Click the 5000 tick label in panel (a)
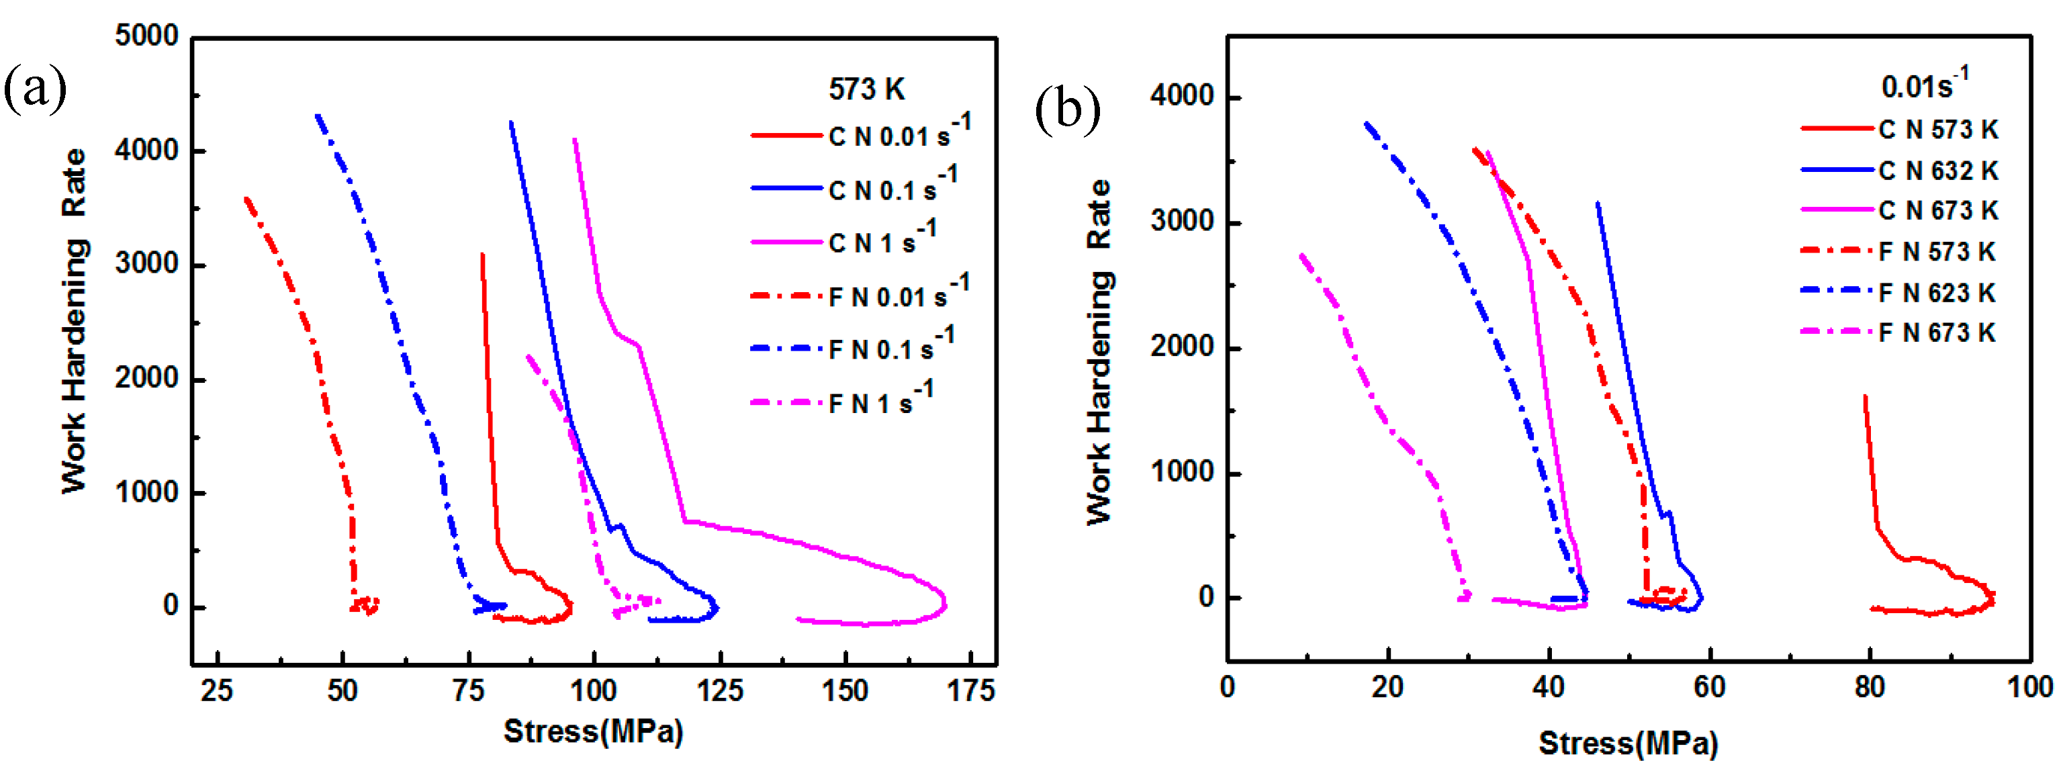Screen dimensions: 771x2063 pyautogui.click(x=146, y=36)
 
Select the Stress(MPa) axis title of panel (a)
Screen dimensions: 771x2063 pyautogui.click(x=592, y=731)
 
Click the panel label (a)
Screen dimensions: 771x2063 pyautogui.click(x=34, y=88)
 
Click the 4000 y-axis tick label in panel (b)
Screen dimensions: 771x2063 pyautogui.click(x=1182, y=96)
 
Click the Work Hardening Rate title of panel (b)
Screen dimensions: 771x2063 pyautogui.click(x=1099, y=353)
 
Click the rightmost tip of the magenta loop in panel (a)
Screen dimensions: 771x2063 pyautogui.click(x=946, y=603)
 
